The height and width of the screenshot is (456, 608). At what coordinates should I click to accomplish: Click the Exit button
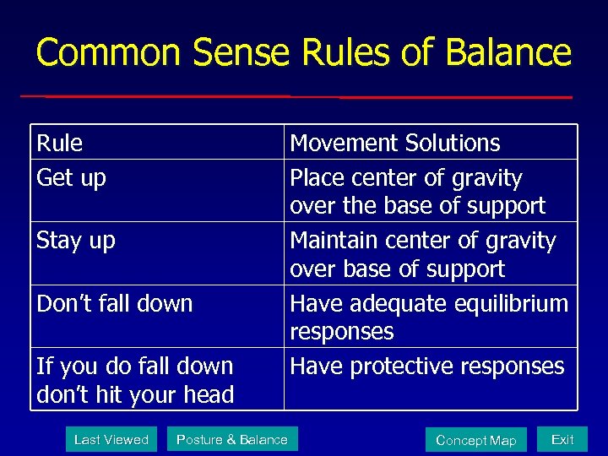coord(562,439)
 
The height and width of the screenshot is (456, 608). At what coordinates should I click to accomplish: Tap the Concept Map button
coord(475,440)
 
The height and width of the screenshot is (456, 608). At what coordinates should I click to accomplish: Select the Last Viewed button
coord(111,439)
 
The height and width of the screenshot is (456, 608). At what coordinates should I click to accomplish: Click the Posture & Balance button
coord(231,439)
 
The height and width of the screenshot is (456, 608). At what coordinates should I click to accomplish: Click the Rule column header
coord(60,143)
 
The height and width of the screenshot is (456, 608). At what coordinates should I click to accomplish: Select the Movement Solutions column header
coord(394,143)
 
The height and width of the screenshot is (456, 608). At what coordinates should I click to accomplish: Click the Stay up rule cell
coord(76,241)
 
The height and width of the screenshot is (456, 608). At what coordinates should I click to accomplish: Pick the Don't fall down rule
coord(115,303)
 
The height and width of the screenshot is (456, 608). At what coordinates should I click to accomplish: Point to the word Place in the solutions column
coord(317,179)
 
